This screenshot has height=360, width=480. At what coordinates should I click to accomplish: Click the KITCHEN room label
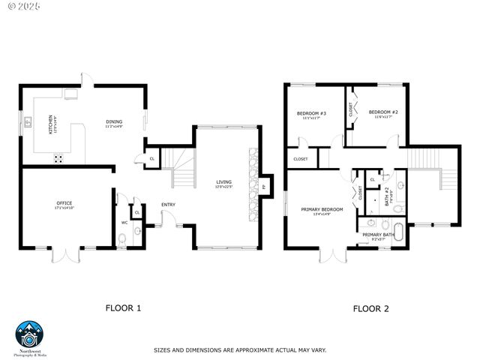[51, 122]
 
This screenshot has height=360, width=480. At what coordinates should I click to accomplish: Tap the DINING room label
[114, 122]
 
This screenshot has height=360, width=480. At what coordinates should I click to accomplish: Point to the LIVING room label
[223, 181]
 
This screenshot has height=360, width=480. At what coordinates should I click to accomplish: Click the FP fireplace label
[263, 185]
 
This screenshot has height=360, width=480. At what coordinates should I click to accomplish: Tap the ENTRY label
[168, 205]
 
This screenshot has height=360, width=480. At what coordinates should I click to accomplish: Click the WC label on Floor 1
[124, 223]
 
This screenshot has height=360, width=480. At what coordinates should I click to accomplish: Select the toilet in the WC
[123, 239]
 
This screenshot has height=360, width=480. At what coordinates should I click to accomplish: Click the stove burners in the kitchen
[58, 158]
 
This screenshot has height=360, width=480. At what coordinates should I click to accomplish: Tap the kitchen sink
[28, 121]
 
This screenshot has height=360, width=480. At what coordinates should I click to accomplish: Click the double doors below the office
[64, 255]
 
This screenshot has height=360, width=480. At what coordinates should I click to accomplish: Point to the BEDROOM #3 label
[311, 114]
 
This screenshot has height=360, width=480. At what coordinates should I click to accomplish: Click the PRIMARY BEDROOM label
[322, 209]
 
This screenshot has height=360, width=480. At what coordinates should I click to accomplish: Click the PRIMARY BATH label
[378, 235]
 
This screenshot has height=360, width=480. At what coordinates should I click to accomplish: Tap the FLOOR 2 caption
[370, 308]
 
